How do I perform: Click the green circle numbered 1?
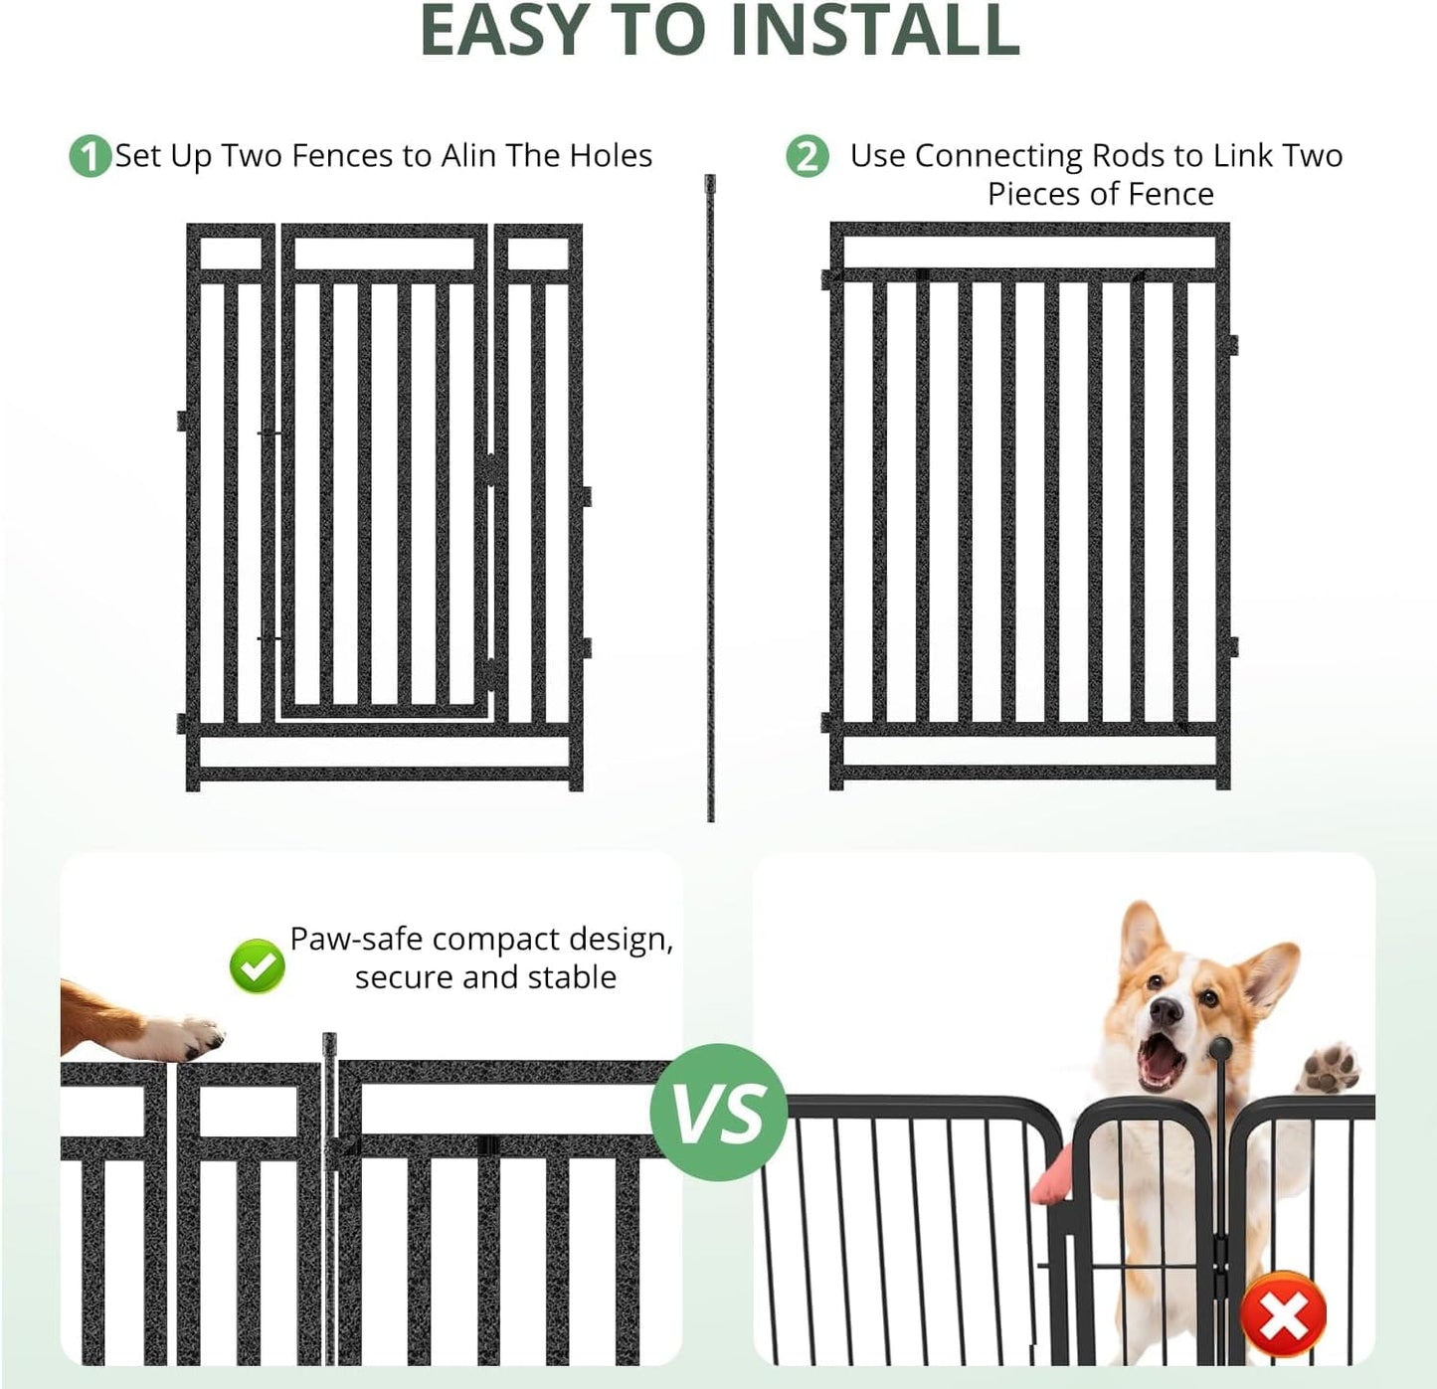(x=90, y=157)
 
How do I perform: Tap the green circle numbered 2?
(x=807, y=157)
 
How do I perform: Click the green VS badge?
(x=719, y=1112)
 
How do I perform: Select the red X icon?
(x=1283, y=1315)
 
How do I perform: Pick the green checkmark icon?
(x=257, y=966)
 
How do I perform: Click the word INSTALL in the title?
(x=874, y=32)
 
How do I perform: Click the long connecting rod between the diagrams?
(x=710, y=497)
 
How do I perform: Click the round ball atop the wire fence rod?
(x=1220, y=1048)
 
